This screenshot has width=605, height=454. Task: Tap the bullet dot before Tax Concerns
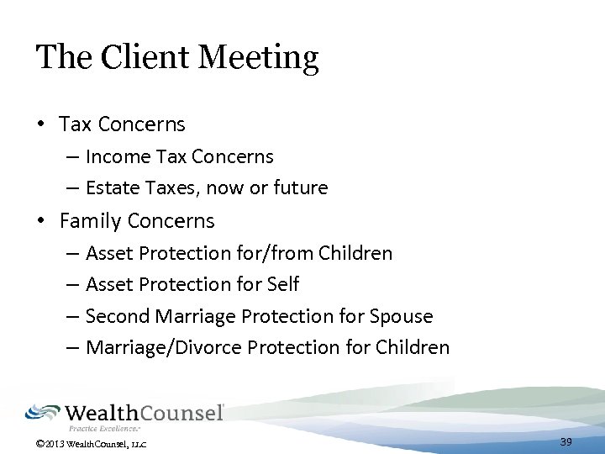pyautogui.click(x=40, y=124)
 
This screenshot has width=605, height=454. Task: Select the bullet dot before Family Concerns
pyautogui.click(x=40, y=221)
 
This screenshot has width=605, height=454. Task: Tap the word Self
pyautogui.click(x=283, y=285)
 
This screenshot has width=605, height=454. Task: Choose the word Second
pyautogui.click(x=117, y=317)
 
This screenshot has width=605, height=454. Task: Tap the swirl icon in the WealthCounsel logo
pyautogui.click(x=41, y=413)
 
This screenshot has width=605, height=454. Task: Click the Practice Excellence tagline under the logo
pyautogui.click(x=115, y=427)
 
